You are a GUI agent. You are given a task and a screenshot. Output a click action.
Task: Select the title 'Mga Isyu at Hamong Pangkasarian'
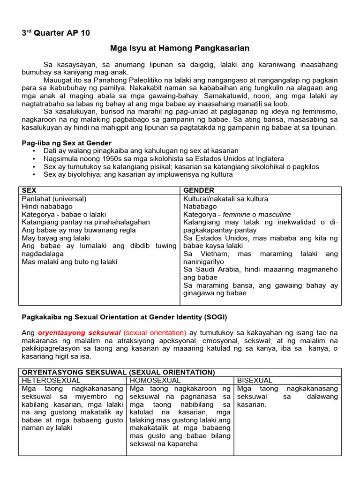tap(180, 48)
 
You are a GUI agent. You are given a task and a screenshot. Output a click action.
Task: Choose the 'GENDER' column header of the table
tap(199, 190)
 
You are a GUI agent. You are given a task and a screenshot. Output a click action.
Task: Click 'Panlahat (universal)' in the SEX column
tap(54, 199)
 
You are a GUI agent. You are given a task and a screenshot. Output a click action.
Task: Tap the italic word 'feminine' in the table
tap(235, 214)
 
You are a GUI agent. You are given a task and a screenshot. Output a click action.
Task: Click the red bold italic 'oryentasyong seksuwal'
tap(79, 332)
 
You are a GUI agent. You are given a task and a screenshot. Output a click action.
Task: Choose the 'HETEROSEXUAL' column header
tap(51, 380)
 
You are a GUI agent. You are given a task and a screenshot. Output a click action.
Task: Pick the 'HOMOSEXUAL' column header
tap(155, 380)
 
